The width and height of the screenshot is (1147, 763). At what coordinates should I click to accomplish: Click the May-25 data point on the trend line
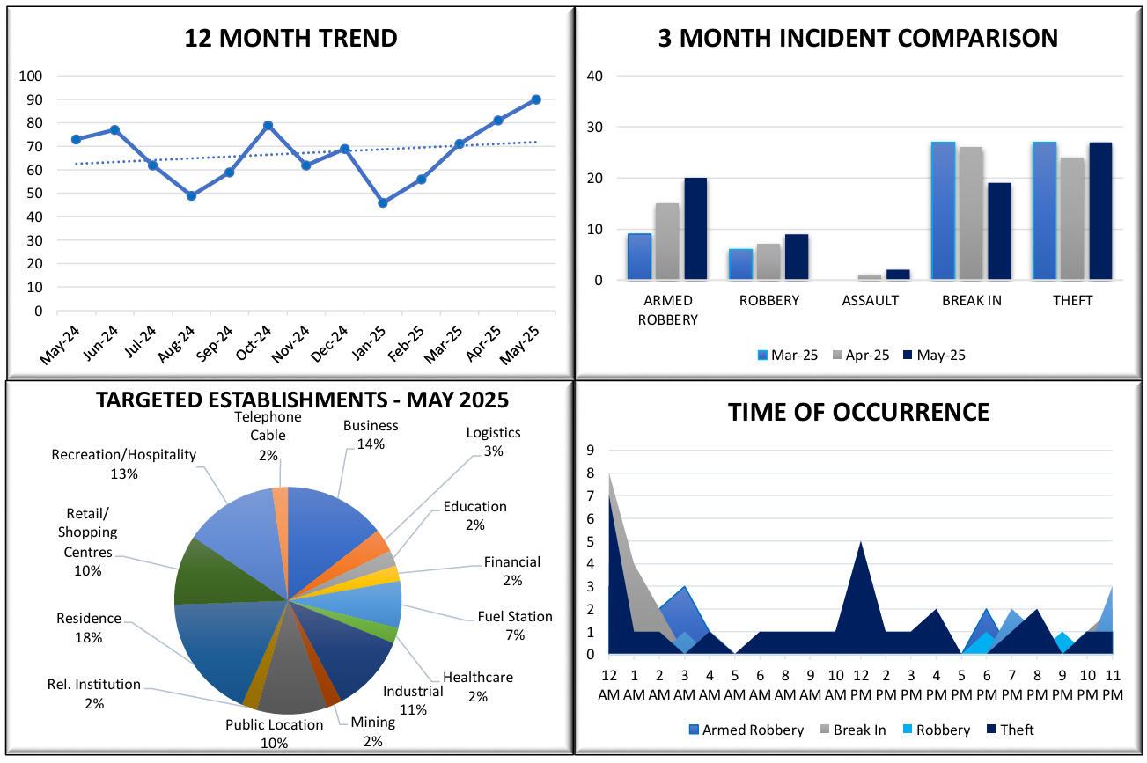(536, 99)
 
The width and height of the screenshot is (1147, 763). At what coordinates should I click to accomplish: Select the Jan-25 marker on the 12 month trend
(383, 202)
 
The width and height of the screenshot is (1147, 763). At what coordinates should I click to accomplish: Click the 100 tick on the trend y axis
(31, 77)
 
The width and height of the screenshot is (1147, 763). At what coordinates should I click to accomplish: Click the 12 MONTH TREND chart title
(290, 39)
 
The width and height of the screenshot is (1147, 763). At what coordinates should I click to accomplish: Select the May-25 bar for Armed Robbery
(695, 229)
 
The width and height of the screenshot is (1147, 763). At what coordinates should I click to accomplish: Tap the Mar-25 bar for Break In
(943, 211)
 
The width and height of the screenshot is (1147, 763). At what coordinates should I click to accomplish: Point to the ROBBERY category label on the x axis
(769, 301)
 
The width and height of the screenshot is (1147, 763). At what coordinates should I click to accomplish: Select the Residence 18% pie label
(88, 627)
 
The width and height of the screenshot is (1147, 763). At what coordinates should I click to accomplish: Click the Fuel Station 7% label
(515, 626)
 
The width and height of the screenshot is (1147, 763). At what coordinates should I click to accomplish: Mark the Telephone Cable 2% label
(268, 436)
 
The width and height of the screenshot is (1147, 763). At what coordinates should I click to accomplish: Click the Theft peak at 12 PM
(860, 544)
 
